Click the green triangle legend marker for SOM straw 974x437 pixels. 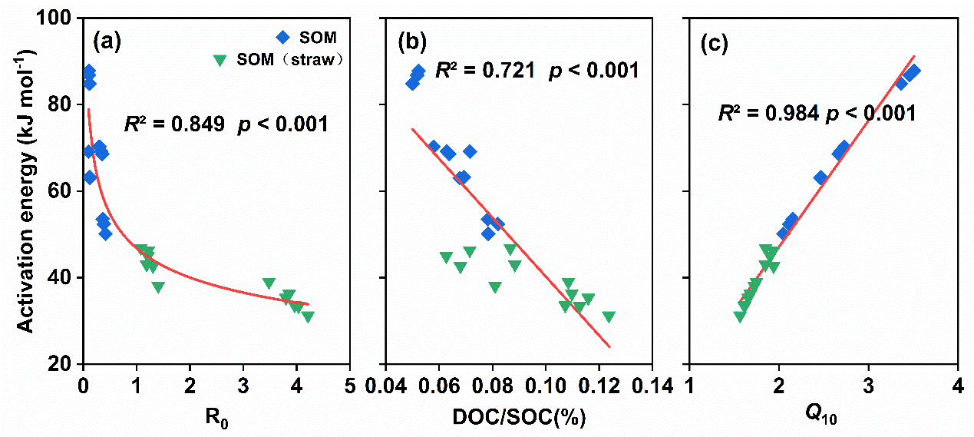(x=222, y=60)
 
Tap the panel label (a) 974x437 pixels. (x=107, y=42)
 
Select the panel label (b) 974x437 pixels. (x=411, y=43)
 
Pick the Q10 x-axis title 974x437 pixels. (x=823, y=416)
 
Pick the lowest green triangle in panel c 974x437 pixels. (x=740, y=316)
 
